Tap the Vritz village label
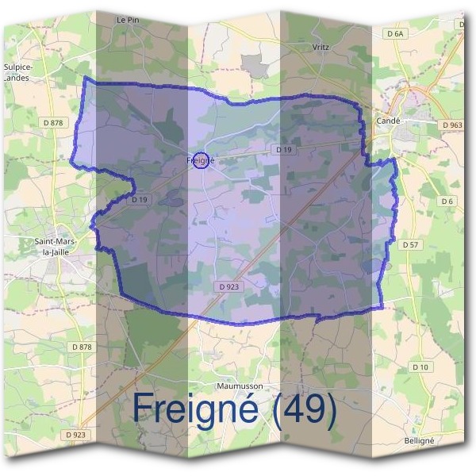pos(321,48)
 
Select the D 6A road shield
pos(394,33)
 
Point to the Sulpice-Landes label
pos(17,73)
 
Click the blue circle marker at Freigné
pos(201,160)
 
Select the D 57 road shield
pos(410,245)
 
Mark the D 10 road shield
pos(420,367)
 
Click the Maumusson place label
pos(240,386)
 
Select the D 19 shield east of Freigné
pos(283,149)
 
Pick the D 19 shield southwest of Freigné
pos(140,199)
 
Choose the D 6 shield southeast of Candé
pos(447,202)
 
